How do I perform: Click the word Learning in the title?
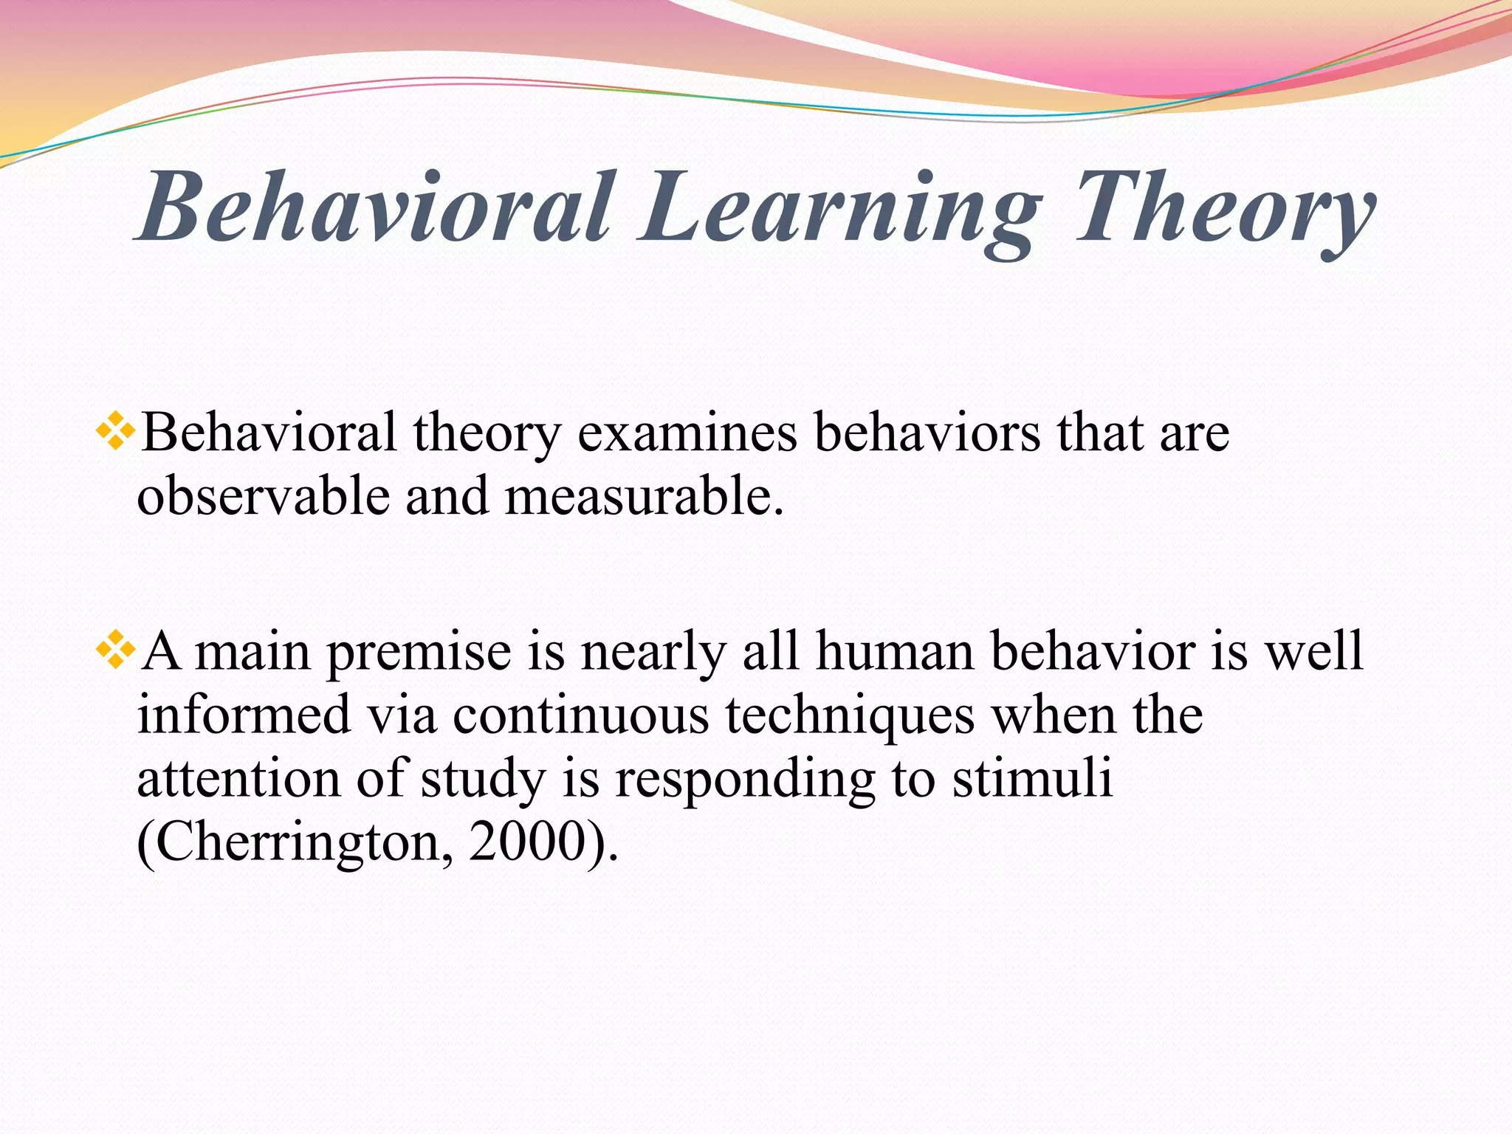838,209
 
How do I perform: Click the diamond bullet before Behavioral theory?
115,431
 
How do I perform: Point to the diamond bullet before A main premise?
115,650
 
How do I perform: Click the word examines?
687,434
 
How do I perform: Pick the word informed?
244,715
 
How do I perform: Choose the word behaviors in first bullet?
927,433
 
